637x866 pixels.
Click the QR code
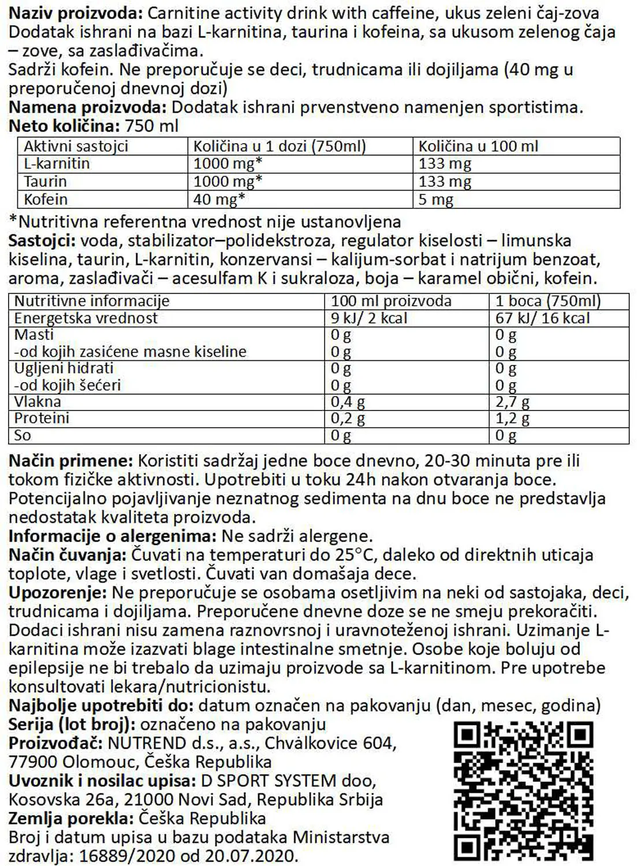coord(523,791)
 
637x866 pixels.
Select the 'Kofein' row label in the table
coord(46,200)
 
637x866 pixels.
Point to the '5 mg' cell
coord(435,200)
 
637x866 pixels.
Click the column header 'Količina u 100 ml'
coord(478,146)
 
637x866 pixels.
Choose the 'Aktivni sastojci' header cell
coord(76,146)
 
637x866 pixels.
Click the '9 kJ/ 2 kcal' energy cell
coord(369,318)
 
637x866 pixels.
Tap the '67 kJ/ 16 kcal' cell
coord(543,318)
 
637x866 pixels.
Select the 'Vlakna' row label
coord(38,402)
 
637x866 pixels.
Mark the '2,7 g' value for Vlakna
coord(512,402)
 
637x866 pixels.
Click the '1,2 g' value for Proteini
coord(512,419)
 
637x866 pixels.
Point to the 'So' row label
coord(23,435)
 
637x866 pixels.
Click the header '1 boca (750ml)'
coord(548,301)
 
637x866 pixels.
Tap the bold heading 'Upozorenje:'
coord(58,592)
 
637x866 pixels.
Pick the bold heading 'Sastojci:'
coord(42,241)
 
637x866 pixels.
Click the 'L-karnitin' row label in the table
coord(57,164)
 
